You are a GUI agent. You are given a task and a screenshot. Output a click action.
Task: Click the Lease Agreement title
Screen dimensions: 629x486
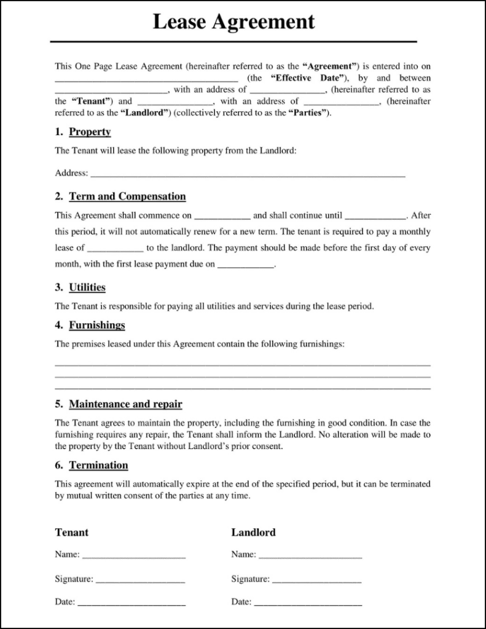pyautogui.click(x=233, y=22)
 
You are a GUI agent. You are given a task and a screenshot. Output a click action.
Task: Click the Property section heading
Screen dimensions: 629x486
pyautogui.click(x=90, y=132)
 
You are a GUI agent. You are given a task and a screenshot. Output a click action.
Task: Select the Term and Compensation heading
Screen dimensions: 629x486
pyautogui.click(x=127, y=197)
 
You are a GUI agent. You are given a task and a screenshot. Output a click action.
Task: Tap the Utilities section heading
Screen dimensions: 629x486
pyautogui.click(x=87, y=287)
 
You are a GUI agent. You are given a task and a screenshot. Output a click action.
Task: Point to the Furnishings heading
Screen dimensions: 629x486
pyautogui.click(x=97, y=325)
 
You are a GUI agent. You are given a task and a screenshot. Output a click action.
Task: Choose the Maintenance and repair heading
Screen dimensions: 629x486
pyautogui.click(x=125, y=404)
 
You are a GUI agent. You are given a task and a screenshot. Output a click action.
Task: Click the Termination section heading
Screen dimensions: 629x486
pyautogui.click(x=98, y=465)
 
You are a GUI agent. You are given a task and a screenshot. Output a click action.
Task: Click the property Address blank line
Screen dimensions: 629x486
pyautogui.click(x=248, y=175)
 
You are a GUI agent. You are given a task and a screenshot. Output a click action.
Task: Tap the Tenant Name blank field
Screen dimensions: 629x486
pyautogui.click(x=134, y=556)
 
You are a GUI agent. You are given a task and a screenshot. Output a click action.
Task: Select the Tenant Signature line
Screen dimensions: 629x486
pyautogui.click(x=141, y=580)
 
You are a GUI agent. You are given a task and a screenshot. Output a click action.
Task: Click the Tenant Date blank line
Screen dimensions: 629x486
pyautogui.click(x=131, y=604)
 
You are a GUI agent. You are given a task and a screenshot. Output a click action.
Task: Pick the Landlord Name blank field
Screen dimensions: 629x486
pyautogui.click(x=310, y=556)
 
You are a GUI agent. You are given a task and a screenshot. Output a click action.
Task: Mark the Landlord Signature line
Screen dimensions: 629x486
pyautogui.click(x=316, y=580)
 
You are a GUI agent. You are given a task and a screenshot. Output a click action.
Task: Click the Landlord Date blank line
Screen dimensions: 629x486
pyautogui.click(x=308, y=604)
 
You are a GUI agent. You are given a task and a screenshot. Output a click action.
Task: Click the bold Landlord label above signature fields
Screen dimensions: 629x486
pyautogui.click(x=253, y=533)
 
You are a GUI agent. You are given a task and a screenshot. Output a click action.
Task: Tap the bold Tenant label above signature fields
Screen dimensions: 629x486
pyautogui.click(x=72, y=533)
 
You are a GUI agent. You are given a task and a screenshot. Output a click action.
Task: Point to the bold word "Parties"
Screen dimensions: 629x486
pyautogui.click(x=308, y=113)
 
